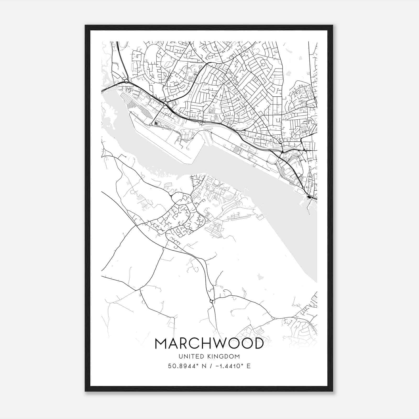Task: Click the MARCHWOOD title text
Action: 209,343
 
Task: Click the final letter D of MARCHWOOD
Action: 258,343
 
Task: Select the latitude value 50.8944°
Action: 185,366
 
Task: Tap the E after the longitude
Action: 249,366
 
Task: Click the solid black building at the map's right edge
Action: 309,197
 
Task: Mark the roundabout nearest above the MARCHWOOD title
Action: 211,301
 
